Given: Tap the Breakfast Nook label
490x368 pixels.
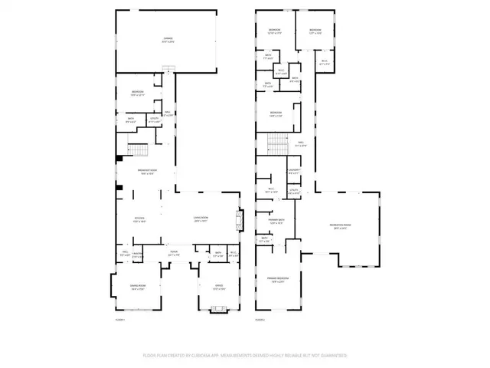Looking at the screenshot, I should point(147,172).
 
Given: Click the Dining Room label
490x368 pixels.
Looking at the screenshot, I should point(139,288).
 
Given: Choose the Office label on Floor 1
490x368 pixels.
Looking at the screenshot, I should point(218,288).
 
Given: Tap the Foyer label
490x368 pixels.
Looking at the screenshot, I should point(174,253).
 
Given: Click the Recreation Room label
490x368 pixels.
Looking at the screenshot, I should point(338,227).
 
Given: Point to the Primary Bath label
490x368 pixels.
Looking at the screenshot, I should point(276,222).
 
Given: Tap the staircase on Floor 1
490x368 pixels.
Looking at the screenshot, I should point(138,149).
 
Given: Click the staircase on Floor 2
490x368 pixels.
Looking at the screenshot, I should point(276,143).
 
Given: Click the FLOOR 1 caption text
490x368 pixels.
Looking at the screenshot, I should point(119,320).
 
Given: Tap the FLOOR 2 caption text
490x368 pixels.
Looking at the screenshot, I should point(260,320).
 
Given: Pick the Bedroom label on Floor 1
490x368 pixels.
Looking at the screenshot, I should point(138,94).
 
